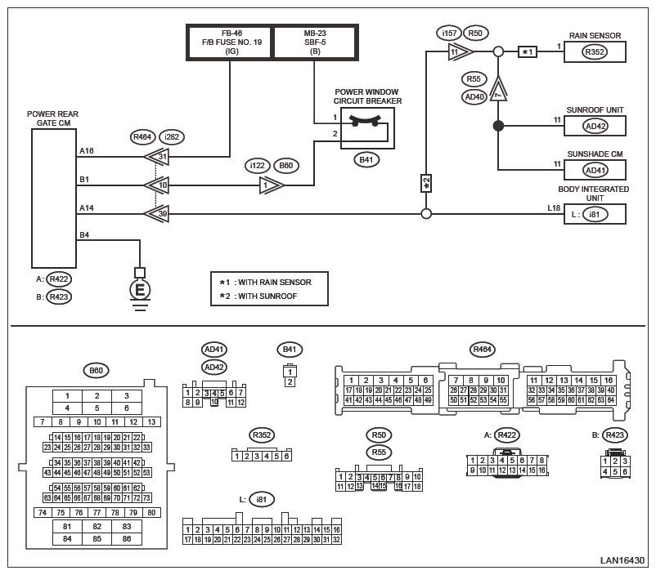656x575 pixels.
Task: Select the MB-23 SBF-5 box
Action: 315,42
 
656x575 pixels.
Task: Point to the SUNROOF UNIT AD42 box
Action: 595,126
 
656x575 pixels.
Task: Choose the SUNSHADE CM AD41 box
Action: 595,170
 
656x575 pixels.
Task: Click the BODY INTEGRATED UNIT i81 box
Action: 595,215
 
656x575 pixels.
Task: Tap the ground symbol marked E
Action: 140,289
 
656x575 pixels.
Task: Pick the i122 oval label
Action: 258,166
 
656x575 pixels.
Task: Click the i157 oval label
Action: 447,33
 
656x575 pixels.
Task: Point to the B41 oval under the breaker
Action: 367,160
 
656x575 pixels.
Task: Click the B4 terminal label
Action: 84,235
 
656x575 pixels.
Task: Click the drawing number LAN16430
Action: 622,560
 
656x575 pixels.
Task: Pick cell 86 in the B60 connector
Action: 126,538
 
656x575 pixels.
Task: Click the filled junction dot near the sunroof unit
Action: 497,126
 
